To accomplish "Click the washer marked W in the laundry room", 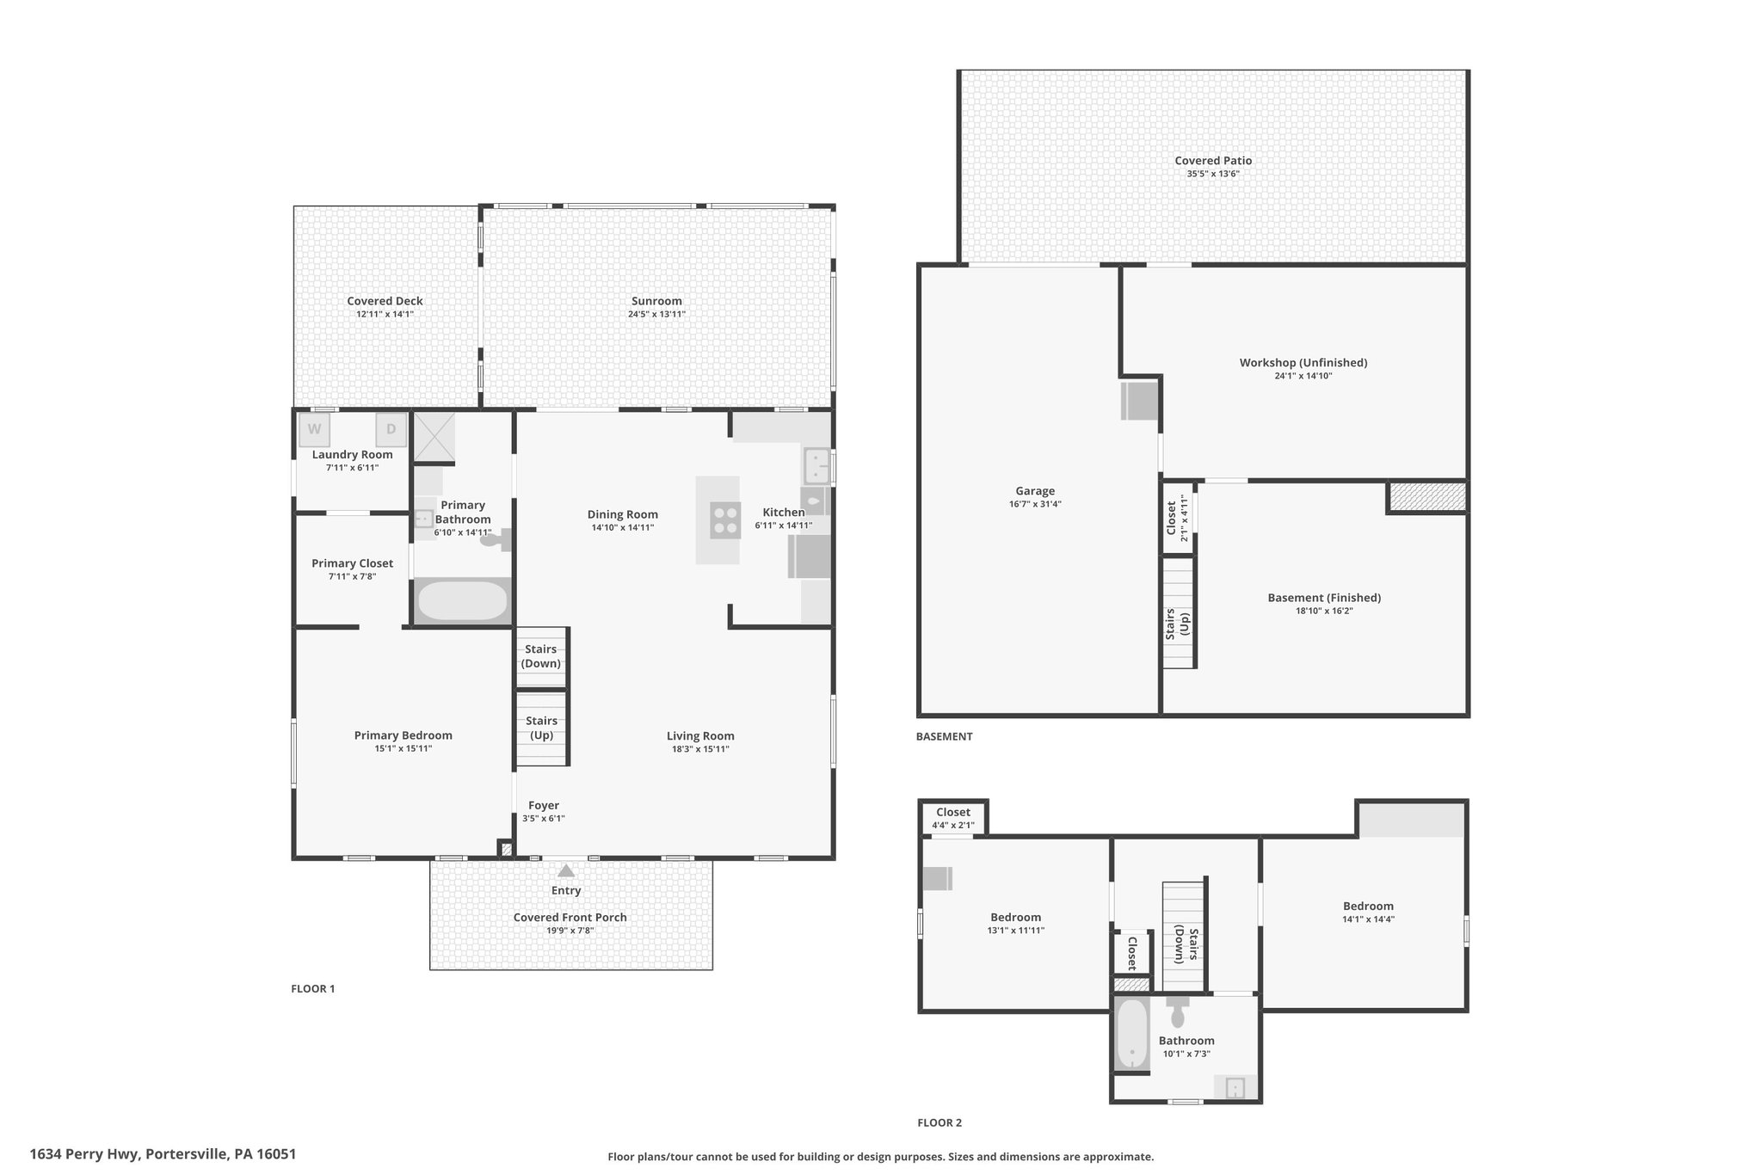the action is [314, 429].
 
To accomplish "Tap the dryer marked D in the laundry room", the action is [391, 429].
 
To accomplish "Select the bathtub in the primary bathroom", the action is [463, 601].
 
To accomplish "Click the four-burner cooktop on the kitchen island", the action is [725, 520].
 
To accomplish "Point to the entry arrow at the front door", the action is [566, 870].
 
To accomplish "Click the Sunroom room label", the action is [656, 301].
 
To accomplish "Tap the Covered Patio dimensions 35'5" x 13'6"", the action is [1213, 174].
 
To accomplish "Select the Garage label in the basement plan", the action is [1035, 491].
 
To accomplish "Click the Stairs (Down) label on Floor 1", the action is [541, 656].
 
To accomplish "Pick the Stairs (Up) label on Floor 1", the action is [541, 728].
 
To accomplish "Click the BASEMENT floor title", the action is [944, 736].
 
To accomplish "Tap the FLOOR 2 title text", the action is [940, 1122].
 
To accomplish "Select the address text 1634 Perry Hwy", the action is [84, 1154].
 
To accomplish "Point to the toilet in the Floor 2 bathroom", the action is [1178, 1011].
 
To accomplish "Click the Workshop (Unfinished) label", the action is [1303, 362].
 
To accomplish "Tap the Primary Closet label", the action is [353, 563].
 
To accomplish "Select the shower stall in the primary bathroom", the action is [434, 438].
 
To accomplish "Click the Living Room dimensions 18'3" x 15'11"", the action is [700, 749].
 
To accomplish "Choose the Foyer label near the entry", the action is [544, 806].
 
